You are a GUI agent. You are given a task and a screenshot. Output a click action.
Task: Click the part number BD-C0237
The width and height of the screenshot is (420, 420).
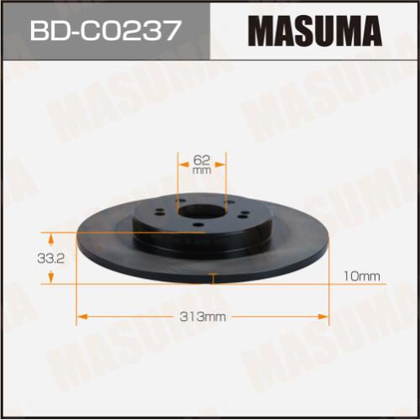coord(104,30)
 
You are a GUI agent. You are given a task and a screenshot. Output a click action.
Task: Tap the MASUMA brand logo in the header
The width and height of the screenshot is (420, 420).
coord(315,31)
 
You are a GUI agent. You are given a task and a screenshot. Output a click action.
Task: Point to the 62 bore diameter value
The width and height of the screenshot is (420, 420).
coord(202,160)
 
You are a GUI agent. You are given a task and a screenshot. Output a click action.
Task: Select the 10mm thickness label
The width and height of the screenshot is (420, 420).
coord(361,276)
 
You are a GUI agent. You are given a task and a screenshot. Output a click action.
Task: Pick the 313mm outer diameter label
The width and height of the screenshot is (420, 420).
coord(202,317)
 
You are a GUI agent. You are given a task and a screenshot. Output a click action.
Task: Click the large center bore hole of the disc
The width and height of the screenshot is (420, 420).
coord(201,212)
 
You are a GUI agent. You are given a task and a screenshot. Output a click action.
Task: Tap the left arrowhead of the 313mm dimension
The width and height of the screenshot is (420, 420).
coord(81,317)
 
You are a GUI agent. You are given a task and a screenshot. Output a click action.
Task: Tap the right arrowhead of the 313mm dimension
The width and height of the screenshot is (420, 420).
coord(323,317)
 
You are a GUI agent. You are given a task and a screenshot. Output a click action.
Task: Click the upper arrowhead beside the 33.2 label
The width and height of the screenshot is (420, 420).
coord(50,239)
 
